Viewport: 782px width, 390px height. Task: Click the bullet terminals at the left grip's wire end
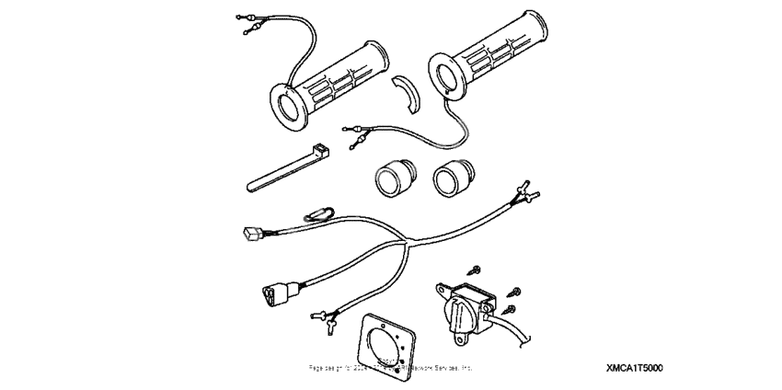[x=247, y=24]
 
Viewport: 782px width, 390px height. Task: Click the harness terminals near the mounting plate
[x=325, y=319]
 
